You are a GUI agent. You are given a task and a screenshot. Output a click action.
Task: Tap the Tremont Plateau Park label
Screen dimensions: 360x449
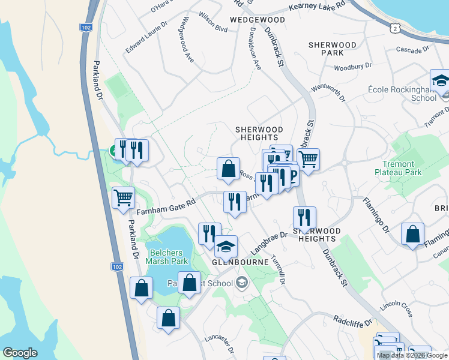pos(402,168)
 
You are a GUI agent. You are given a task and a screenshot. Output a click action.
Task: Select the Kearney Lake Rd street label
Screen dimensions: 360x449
pos(317,5)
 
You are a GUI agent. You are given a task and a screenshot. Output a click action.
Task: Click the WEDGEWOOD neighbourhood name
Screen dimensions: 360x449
pos(257,20)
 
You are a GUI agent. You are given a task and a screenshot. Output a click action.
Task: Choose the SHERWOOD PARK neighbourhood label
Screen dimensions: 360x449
pos(332,49)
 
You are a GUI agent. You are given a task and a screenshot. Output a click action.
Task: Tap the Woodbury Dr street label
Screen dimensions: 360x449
pos(353,67)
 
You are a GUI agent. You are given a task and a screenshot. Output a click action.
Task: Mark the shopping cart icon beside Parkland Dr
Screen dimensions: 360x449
pos(123,197)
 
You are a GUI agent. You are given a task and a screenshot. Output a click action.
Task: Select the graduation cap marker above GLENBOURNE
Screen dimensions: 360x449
pos(226,247)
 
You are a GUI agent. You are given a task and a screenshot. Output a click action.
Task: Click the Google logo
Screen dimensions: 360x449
pos(20,353)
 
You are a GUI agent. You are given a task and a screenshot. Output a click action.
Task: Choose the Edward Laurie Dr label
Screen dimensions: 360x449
pos(146,37)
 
